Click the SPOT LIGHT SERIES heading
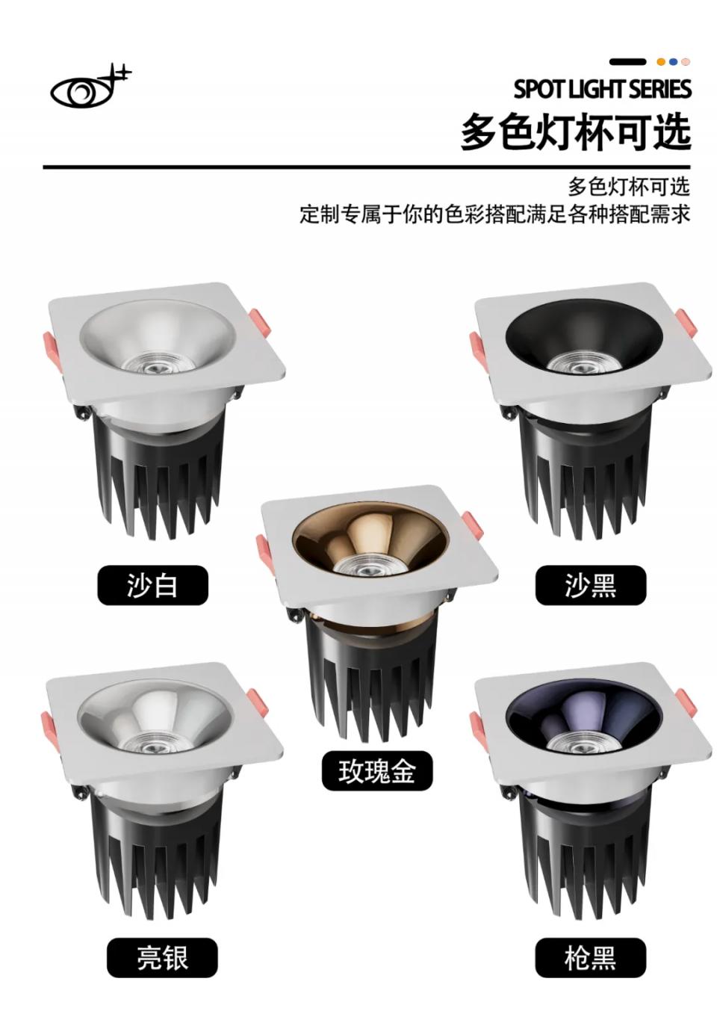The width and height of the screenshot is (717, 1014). pyautogui.click(x=602, y=89)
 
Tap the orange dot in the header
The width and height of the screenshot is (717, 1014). pyautogui.click(x=661, y=61)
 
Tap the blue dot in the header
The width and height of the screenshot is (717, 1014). pyautogui.click(x=674, y=61)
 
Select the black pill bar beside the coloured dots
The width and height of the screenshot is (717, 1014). pyautogui.click(x=628, y=61)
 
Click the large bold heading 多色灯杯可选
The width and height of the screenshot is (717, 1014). pyautogui.click(x=576, y=132)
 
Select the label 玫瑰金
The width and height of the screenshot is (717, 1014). pyautogui.click(x=377, y=771)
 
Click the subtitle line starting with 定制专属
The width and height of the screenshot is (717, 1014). pyautogui.click(x=495, y=214)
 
